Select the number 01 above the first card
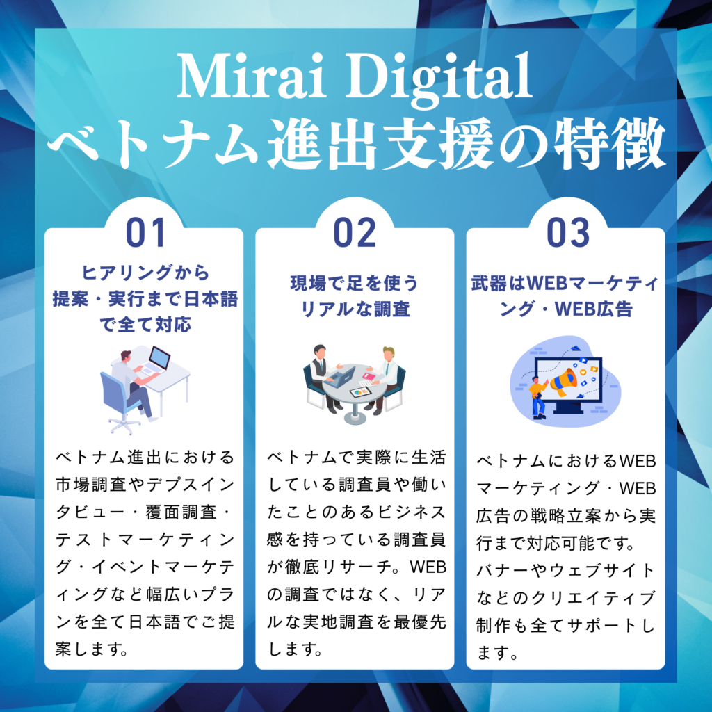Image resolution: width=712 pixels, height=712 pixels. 145,233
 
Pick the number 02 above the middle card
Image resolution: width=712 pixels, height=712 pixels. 355,233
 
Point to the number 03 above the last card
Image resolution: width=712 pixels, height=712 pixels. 567,233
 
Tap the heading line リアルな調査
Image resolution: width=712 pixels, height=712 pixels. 355,309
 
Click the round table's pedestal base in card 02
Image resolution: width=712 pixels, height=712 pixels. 355,416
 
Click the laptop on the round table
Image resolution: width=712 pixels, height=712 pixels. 342,378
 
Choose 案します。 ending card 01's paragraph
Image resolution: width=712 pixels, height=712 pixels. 94,649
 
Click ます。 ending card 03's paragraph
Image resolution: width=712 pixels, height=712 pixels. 497,653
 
